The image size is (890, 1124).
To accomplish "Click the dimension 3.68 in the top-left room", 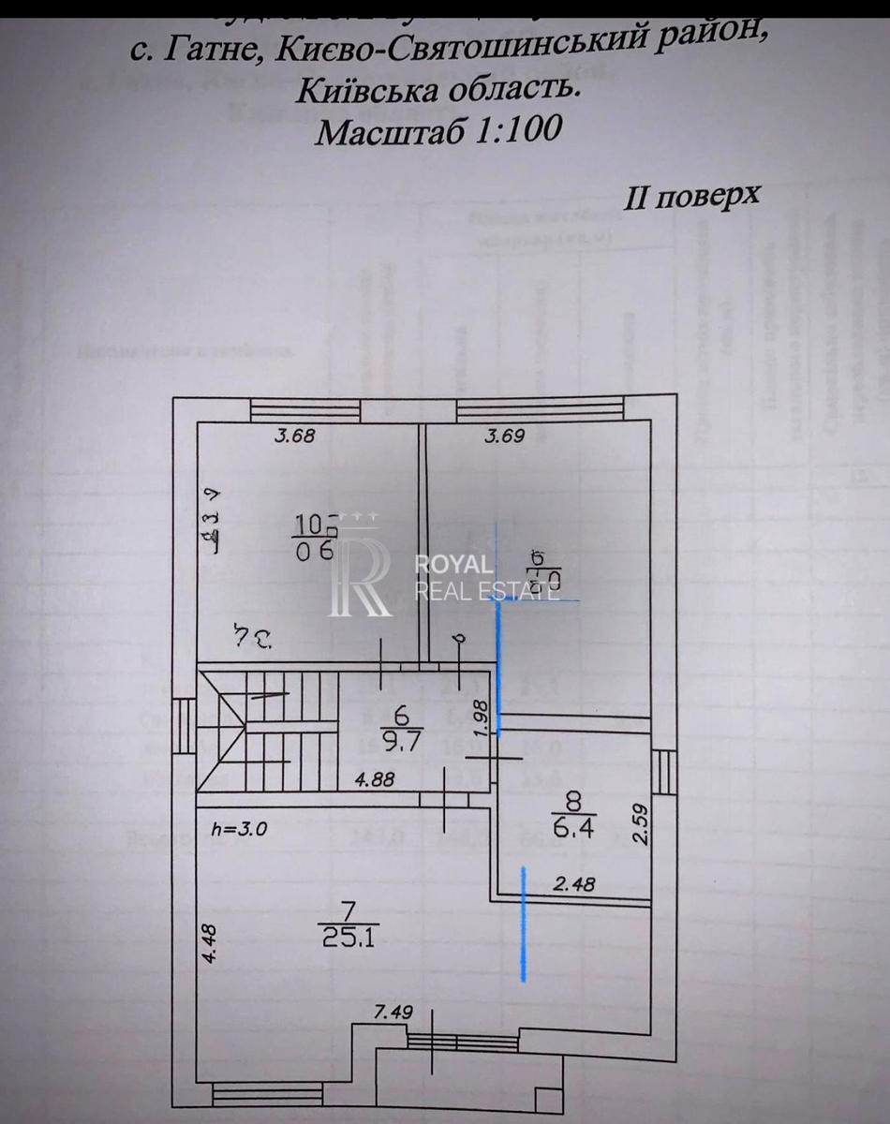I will [x=293, y=435].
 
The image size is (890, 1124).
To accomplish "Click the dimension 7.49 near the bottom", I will [x=393, y=1013].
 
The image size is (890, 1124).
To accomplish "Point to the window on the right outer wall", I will [x=663, y=773].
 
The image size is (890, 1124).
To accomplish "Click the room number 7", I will [x=349, y=908].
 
